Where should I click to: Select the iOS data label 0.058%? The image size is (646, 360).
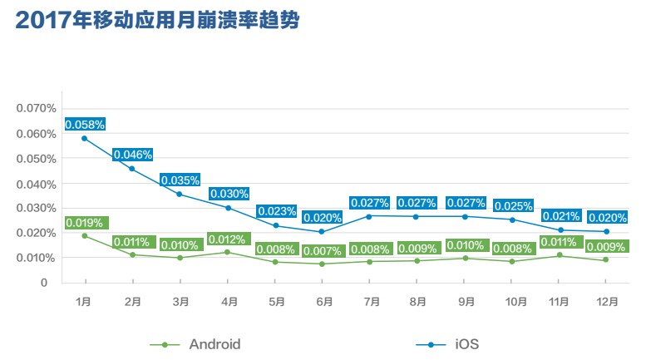(x=85, y=125)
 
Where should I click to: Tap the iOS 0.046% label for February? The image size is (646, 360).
(x=132, y=155)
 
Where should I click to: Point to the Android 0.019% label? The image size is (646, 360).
(x=85, y=222)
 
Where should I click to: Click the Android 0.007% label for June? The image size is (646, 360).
(x=323, y=251)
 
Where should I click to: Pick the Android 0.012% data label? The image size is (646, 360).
(x=228, y=240)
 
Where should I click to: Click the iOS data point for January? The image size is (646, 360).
(x=84, y=138)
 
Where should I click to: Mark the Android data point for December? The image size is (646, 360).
(x=605, y=259)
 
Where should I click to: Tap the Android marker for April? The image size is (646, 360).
(x=228, y=252)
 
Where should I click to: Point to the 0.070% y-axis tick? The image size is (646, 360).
(x=37, y=108)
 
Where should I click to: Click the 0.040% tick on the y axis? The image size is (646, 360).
(x=37, y=183)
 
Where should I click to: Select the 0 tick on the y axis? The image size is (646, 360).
(x=43, y=283)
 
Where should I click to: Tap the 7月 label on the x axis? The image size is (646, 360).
(x=371, y=301)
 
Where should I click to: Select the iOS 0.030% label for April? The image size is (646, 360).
(x=228, y=194)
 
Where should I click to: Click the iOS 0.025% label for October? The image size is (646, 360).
(x=514, y=205)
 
